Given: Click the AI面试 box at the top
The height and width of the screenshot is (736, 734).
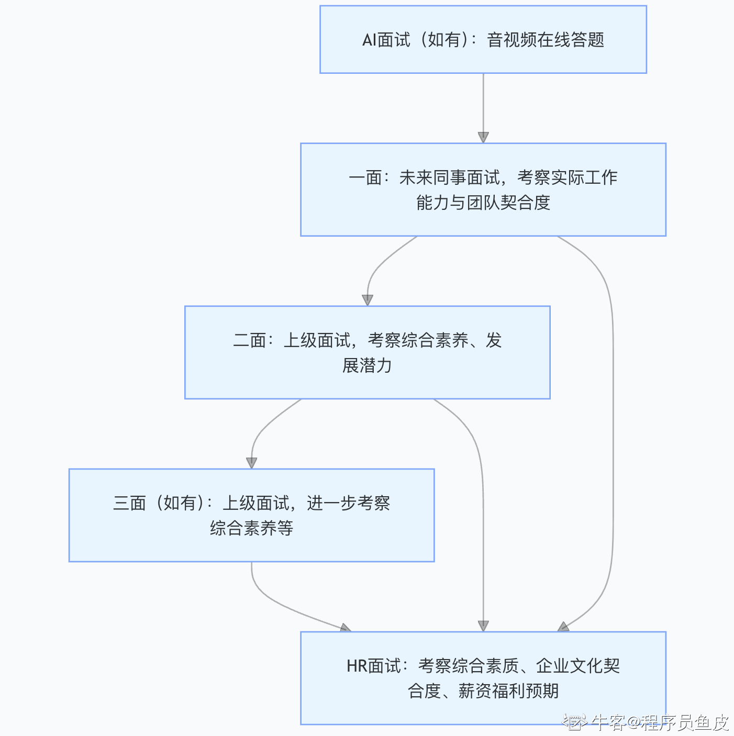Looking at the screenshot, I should pos(483,39).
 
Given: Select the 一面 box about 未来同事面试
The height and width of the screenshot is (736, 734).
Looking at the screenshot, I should pos(483,189).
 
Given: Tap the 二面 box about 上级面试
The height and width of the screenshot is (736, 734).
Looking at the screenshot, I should pos(367,352).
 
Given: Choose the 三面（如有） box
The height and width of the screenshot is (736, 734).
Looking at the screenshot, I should pos(251,515).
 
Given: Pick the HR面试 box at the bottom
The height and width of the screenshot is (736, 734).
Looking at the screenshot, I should pos(483,678).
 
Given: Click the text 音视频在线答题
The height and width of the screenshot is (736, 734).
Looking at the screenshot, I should pos(546,40).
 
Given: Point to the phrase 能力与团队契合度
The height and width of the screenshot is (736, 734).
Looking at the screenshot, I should pos(483,203).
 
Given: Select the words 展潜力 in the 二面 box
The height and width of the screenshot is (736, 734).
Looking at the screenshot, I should pos(367,365).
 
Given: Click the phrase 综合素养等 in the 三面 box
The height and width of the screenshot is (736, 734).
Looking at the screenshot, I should pos(251,528).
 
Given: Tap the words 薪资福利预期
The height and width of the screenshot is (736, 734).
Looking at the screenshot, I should pos(508,691).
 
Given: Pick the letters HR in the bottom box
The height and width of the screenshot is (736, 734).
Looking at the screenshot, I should pos(357,666).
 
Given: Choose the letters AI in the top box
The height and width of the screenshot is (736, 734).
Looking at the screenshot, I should pos(369,40).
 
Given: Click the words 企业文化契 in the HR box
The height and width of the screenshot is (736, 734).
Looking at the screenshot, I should pos(577,666).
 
